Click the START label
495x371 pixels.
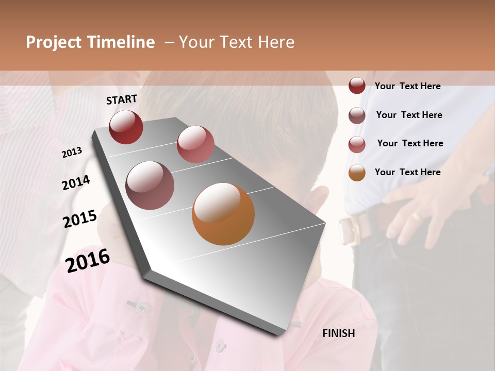(122, 99)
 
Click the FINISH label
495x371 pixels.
(338, 333)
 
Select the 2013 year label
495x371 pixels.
(72, 153)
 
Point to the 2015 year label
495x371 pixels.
(80, 219)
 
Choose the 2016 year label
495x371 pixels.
(88, 260)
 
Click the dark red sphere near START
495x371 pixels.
(126, 127)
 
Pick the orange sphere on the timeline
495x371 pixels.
(223, 213)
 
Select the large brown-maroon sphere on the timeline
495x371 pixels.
(150, 185)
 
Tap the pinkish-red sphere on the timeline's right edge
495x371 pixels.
(195, 144)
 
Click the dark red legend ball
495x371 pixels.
(357, 86)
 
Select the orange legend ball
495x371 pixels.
(357, 172)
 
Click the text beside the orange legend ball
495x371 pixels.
(407, 172)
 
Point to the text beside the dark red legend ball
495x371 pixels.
(407, 86)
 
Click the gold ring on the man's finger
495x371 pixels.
(417, 216)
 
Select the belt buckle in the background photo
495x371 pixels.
(350, 230)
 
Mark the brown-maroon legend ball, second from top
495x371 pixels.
(357, 115)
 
